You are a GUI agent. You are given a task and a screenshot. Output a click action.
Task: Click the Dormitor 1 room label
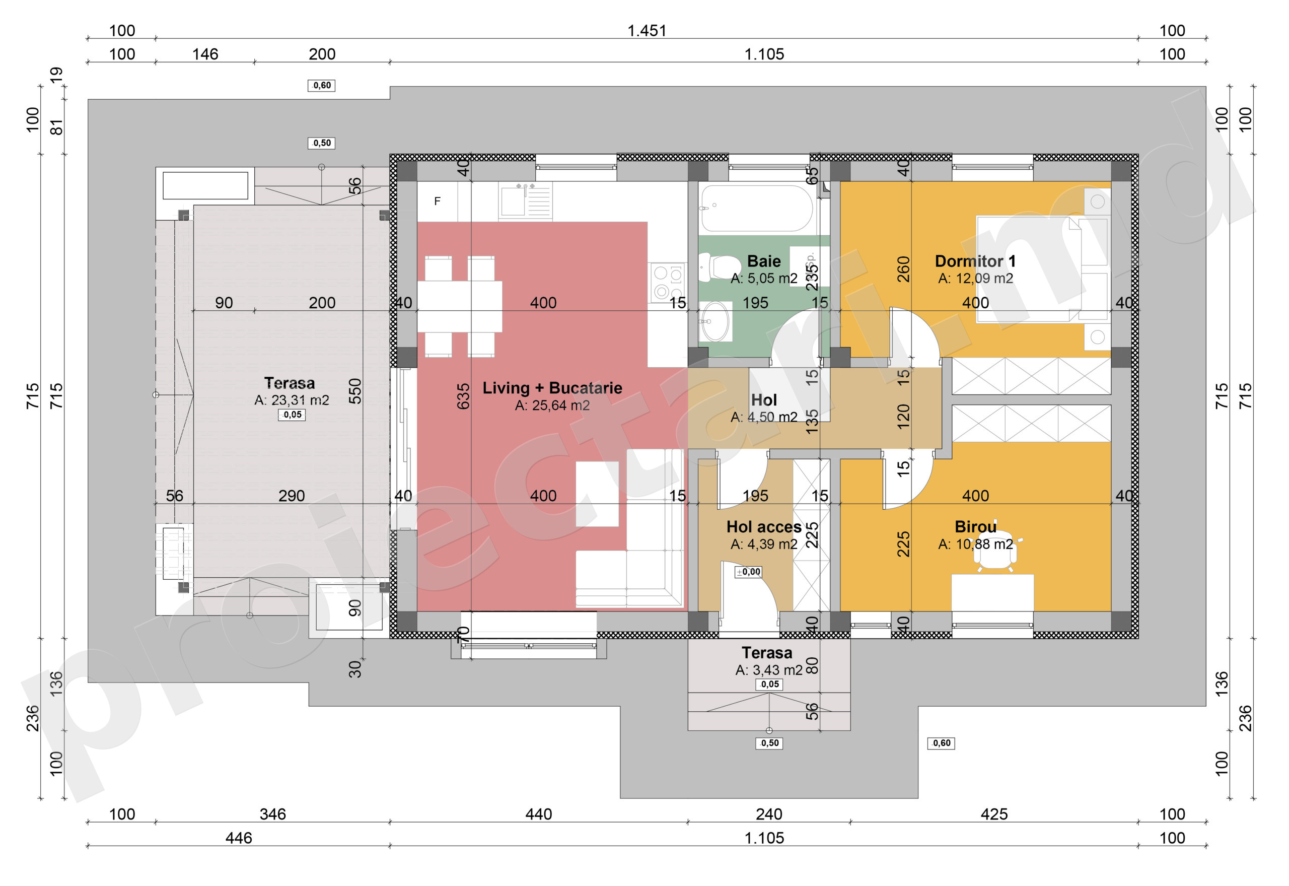tap(975, 261)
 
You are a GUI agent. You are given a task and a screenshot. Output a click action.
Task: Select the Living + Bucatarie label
tap(552, 388)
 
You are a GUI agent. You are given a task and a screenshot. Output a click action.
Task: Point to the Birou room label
tap(975, 526)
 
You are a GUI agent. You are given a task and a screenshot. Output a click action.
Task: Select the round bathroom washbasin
tap(716, 321)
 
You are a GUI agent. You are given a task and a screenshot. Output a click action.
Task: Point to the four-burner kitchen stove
tap(668, 282)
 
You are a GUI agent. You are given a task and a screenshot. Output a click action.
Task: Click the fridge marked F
tap(437, 201)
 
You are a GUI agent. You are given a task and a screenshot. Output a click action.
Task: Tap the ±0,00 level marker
tap(748, 572)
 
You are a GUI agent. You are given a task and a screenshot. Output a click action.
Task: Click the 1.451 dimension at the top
tap(647, 31)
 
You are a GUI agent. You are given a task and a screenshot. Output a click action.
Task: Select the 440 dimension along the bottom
tap(538, 814)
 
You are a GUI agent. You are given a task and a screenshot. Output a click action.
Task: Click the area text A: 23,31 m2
tap(292, 400)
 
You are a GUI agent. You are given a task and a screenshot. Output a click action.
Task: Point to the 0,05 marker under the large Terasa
tap(292, 415)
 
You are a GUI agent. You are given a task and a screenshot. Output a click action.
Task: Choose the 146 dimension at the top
tap(205, 54)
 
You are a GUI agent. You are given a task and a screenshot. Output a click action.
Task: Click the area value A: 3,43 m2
tap(768, 670)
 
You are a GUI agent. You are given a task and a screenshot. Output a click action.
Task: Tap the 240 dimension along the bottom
tap(768, 814)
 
